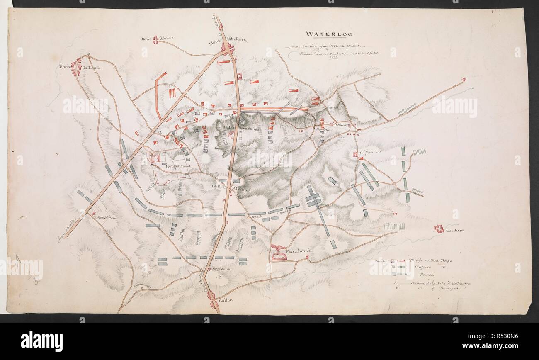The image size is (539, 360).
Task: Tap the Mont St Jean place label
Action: [x=227, y=40]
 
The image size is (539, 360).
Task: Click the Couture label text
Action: [x=455, y=230]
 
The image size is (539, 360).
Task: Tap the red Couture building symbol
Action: [x=439, y=228]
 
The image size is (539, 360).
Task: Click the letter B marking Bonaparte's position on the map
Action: [x=220, y=276]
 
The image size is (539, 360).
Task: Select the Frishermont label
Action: [x=371, y=153]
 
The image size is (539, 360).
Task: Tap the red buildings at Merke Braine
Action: [x=155, y=40]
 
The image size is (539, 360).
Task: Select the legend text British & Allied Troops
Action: [x=430, y=260]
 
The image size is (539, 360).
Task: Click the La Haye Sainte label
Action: [x=245, y=129]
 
